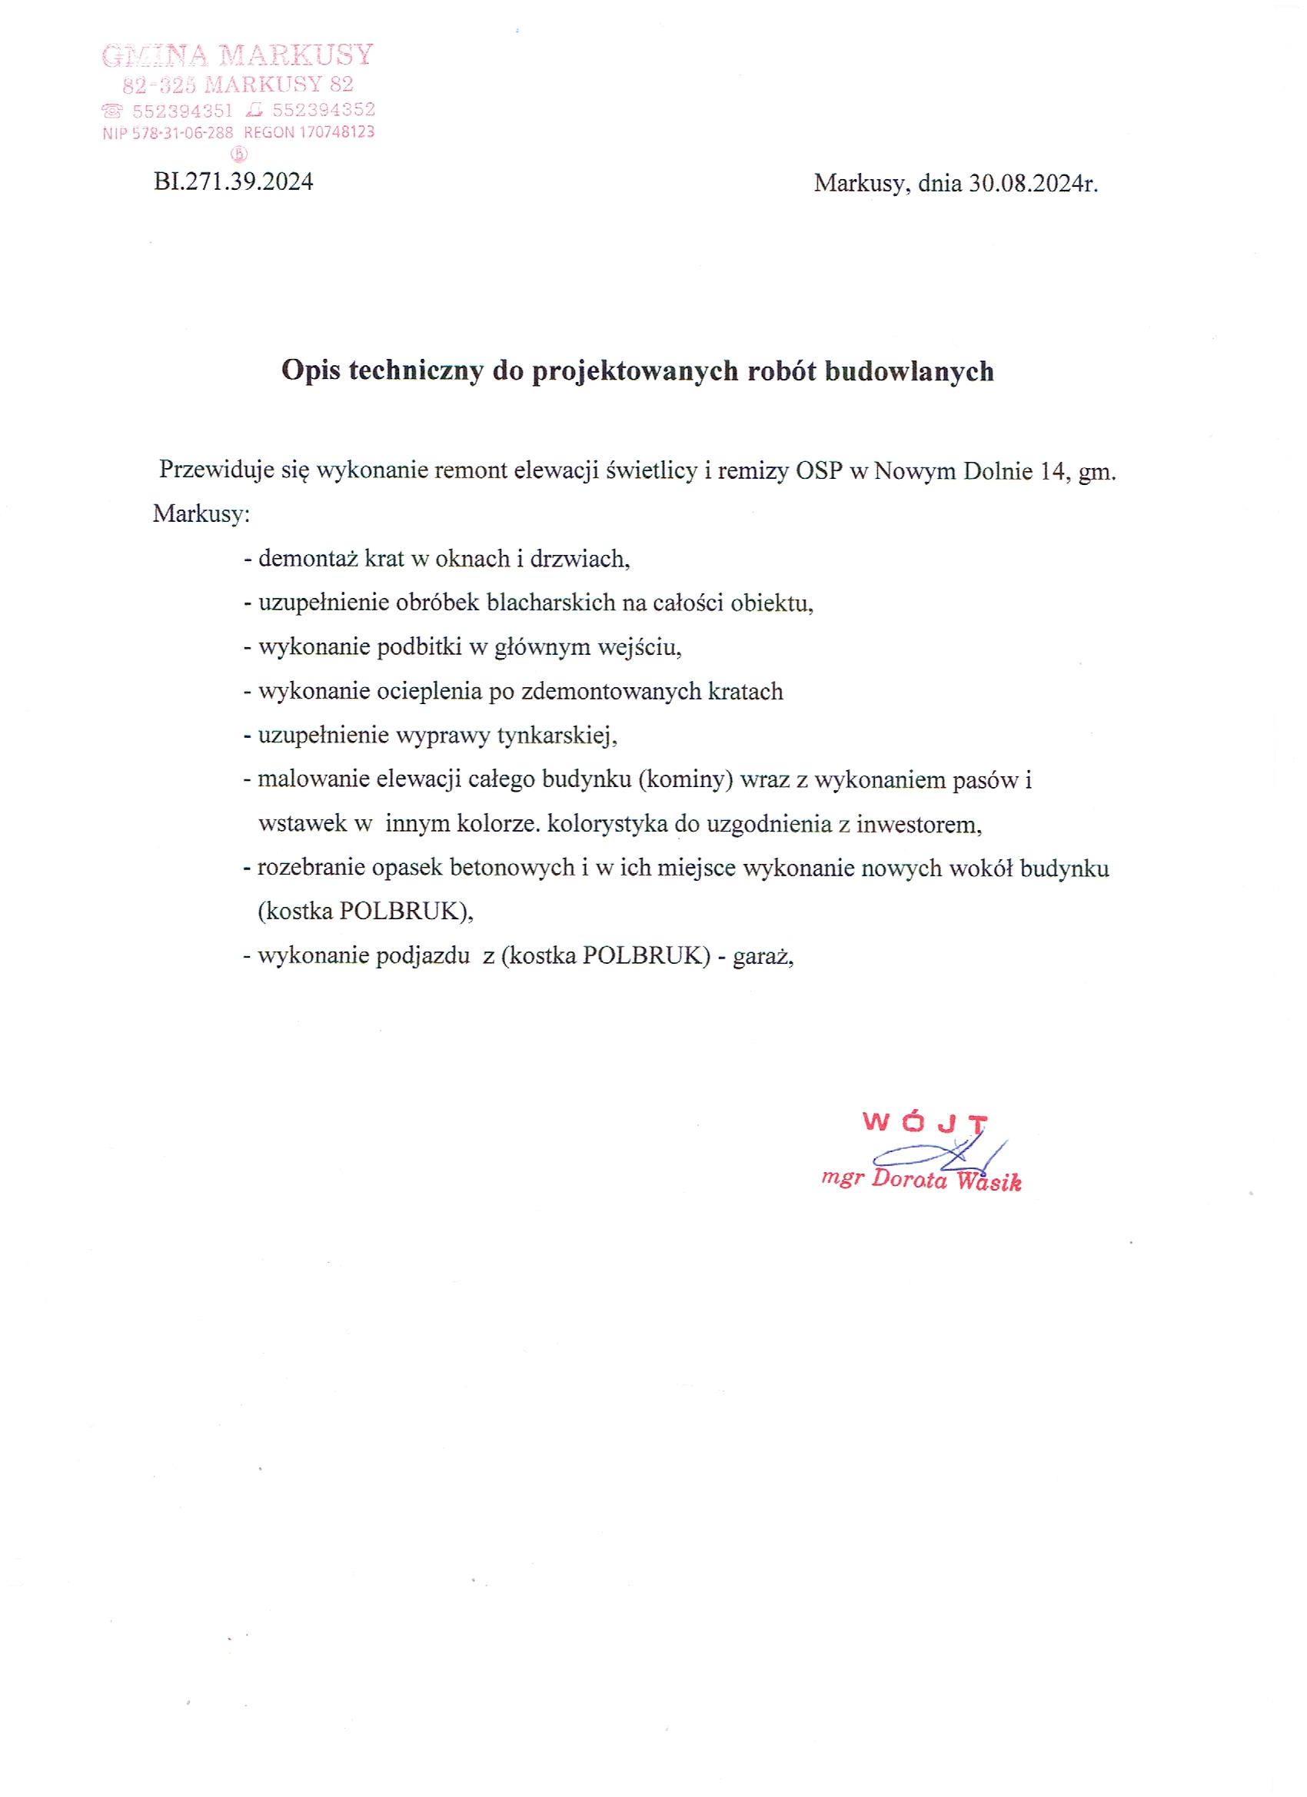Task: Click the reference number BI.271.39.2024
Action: coord(234,182)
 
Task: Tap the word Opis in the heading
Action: coord(311,371)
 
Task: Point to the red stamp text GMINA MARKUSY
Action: coord(238,55)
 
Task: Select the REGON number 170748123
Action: coord(336,132)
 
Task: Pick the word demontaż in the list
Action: coord(308,560)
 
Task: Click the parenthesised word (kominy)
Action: coord(685,780)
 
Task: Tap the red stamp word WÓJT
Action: coord(924,1123)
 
